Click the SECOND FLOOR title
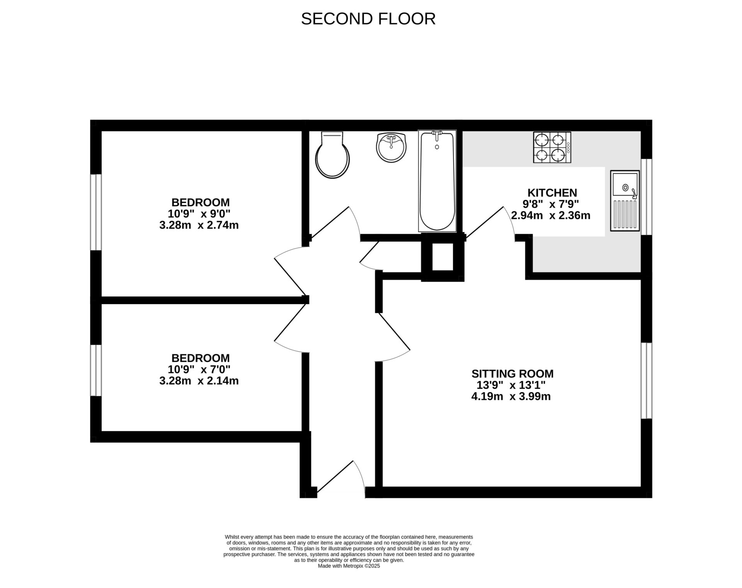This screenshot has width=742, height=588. pyautogui.click(x=368, y=19)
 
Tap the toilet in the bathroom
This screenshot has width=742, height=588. pyautogui.click(x=332, y=155)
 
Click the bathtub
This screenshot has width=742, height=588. pyautogui.click(x=437, y=181)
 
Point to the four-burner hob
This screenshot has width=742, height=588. pyautogui.click(x=552, y=147)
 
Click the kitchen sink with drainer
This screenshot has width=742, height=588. pyautogui.click(x=625, y=201)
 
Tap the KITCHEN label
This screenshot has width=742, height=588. pyautogui.click(x=552, y=192)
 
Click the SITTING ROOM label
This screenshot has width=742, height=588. pyautogui.click(x=512, y=374)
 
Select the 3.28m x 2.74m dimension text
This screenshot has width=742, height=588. pyautogui.click(x=199, y=225)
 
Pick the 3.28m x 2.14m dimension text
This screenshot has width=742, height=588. pyautogui.click(x=199, y=381)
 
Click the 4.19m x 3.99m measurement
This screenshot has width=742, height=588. pyautogui.click(x=511, y=396)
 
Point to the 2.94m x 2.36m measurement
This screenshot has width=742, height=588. pyautogui.click(x=550, y=215)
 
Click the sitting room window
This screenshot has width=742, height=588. pyautogui.click(x=646, y=381)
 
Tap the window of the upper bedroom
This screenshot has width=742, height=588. pyautogui.click(x=96, y=212)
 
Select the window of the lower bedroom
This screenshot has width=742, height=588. pyautogui.click(x=96, y=370)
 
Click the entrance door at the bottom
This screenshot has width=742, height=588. pyautogui.click(x=340, y=479)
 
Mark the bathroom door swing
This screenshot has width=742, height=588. pyautogui.click(x=335, y=222)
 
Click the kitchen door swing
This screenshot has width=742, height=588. pyautogui.click(x=490, y=222)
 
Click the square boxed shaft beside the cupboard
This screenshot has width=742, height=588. pyautogui.click(x=442, y=257)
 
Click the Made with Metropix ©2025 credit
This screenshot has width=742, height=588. pyautogui.click(x=349, y=566)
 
